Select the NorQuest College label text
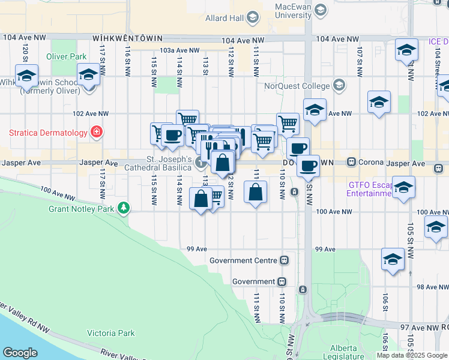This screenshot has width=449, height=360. point(298,85)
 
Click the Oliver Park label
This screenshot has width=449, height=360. point(70,57)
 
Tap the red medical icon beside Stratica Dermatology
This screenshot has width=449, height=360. point(95,131)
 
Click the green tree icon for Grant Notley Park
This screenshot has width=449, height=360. point(124,208)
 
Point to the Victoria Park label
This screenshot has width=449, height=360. point(111,333)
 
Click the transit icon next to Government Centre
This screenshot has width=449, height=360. point(285,260)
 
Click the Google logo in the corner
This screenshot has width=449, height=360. point(20,353)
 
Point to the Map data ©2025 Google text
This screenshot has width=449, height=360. point(411,355)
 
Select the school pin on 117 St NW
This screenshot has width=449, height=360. point(88,76)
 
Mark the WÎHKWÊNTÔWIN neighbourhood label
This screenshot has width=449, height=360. point(128,38)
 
